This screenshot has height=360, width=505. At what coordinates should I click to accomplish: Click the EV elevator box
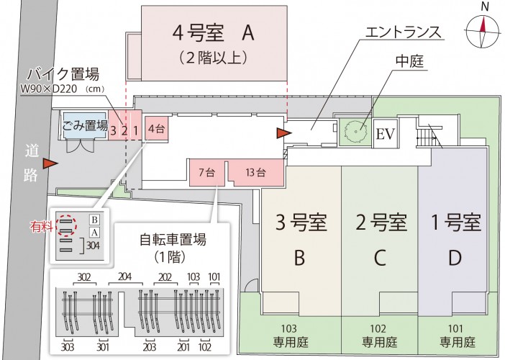tap(386, 133)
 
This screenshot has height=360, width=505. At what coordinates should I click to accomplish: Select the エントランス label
tap(403, 32)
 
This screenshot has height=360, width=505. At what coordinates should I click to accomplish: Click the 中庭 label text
tap(409, 61)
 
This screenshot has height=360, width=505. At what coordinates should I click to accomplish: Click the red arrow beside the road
tap(51, 163)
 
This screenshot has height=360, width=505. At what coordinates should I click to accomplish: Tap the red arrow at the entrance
tap(284, 132)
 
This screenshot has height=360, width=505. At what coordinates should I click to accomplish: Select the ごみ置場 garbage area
tap(84, 125)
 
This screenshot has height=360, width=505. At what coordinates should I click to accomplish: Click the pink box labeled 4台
tap(157, 128)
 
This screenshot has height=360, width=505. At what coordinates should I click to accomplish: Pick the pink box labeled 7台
tap(206, 172)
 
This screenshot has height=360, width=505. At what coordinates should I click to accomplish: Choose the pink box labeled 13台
tap(256, 172)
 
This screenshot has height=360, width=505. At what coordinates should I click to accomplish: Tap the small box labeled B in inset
tap(94, 220)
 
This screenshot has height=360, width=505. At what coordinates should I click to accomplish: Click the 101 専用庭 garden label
tap(457, 336)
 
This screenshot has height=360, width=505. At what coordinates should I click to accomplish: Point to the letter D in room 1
tap(455, 258)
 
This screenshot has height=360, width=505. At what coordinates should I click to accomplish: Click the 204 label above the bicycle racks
tap(124, 277)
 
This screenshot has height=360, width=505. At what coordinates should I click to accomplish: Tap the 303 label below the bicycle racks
tap(68, 347)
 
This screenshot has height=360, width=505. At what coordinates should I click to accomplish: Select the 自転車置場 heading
tap(173, 239)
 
